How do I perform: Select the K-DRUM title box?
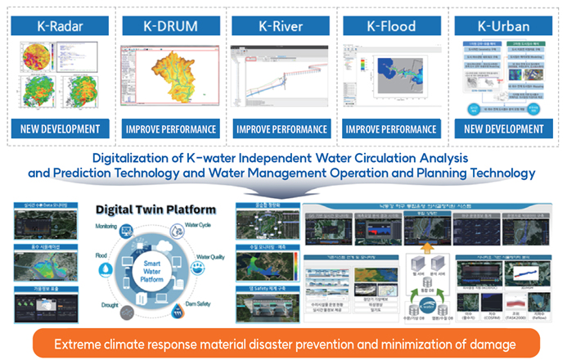coord(171,25)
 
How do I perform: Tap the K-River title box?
coord(281,25)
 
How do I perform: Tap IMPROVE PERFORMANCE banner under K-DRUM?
coord(171,128)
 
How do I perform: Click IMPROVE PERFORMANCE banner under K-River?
coord(281,128)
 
